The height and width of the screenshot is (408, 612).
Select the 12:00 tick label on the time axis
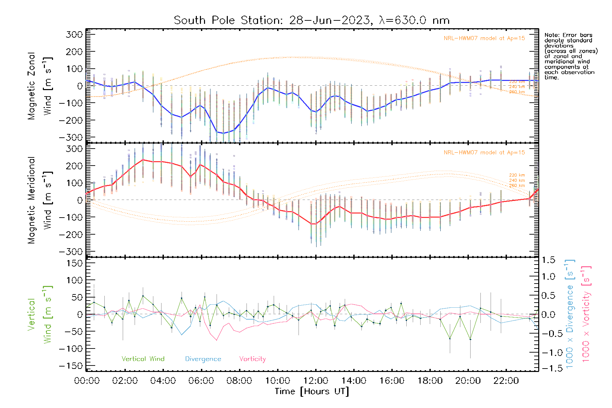tap(316, 381)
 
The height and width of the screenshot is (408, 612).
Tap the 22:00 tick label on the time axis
tap(506, 381)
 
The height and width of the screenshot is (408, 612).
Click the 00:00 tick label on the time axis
tap(87, 381)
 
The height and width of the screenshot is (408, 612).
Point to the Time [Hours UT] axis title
tap(312, 391)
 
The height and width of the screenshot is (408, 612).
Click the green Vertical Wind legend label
tap(143, 359)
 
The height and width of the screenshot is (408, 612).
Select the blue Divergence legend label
tap(203, 359)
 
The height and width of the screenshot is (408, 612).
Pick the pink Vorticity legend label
tap(252, 359)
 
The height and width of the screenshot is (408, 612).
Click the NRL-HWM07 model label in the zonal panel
tap(484, 38)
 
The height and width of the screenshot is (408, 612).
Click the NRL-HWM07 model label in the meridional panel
tap(484, 153)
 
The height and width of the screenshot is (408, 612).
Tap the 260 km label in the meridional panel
tap(517, 186)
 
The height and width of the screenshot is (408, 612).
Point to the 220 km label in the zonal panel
tap(517, 82)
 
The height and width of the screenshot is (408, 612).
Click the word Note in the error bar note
tap(551, 35)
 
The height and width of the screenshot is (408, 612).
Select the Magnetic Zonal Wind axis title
tap(40, 86)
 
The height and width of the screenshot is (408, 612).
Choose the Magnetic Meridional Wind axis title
tap(40, 200)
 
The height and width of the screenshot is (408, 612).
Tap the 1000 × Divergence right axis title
tap(569, 314)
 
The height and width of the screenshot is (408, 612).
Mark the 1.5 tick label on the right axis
tap(548, 260)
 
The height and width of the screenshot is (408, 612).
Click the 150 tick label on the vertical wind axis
tap(75, 263)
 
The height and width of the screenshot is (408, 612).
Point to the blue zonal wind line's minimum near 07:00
tap(223, 133)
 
